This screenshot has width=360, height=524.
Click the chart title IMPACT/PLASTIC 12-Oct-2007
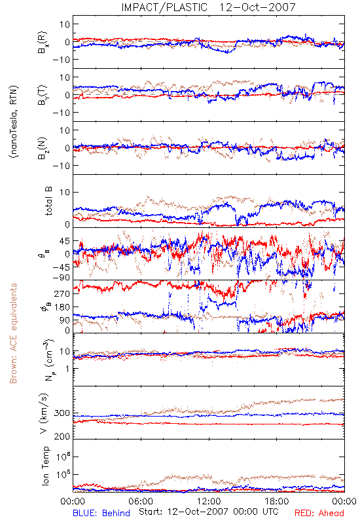coord(208,7)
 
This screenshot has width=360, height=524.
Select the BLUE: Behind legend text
coord(101,513)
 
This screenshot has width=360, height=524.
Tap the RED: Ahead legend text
coord(319,513)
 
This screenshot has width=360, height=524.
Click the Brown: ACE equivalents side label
coord(13,333)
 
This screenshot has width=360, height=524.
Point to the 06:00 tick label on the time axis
coord(141,501)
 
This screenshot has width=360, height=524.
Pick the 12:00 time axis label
coord(209,501)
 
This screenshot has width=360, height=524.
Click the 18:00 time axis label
coord(277,501)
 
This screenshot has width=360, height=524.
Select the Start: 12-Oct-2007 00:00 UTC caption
coord(209,512)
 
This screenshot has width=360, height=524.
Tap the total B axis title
coord(48,201)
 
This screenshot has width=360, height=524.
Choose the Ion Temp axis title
coord(45,466)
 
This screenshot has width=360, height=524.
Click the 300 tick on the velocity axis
coord(62,413)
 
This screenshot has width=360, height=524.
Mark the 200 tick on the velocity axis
coord(62,436)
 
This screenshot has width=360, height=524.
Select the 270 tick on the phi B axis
coord(62,293)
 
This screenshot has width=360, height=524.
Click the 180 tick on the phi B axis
coord(62,307)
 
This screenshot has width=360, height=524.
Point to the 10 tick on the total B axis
coord(65,192)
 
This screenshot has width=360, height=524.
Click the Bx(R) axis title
coord(43,42)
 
